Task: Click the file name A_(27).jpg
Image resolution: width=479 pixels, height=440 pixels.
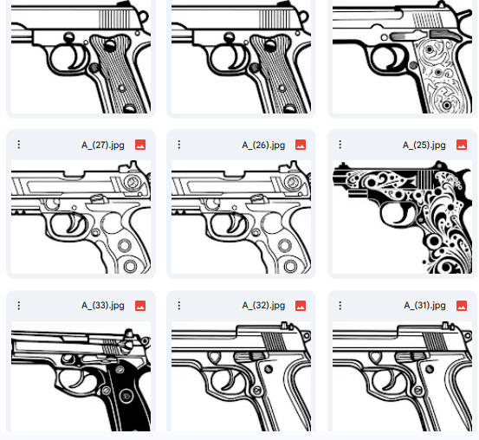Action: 103,145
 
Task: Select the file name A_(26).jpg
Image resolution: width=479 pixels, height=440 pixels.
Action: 263,145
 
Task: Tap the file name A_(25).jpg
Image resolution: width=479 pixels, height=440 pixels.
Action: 425,145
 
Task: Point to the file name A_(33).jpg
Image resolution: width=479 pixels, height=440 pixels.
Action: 103,305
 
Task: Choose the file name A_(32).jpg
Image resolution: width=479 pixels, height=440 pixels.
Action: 263,305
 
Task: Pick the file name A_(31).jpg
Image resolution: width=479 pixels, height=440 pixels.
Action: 425,305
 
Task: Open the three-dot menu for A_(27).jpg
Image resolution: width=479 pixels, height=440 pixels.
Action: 19,145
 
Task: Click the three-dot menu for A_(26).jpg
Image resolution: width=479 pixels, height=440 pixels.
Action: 179,145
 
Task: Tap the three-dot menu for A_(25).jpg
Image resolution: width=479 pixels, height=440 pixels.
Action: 341,145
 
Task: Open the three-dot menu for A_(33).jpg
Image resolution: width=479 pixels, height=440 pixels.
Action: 19,305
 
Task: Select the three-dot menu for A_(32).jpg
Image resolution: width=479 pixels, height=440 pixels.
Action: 179,305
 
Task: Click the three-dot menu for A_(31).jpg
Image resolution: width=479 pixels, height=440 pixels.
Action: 341,305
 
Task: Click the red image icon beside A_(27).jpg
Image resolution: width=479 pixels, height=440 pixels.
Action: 140,145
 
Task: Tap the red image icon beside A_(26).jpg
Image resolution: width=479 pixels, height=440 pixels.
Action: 301,145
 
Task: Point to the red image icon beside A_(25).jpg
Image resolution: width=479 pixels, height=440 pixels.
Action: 462,145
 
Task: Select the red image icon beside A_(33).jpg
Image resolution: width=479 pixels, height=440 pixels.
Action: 140,305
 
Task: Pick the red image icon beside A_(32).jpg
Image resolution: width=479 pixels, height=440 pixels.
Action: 301,305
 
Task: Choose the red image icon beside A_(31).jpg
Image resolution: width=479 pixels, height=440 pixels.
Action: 462,305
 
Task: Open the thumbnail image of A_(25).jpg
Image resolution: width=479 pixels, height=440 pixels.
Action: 402,217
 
